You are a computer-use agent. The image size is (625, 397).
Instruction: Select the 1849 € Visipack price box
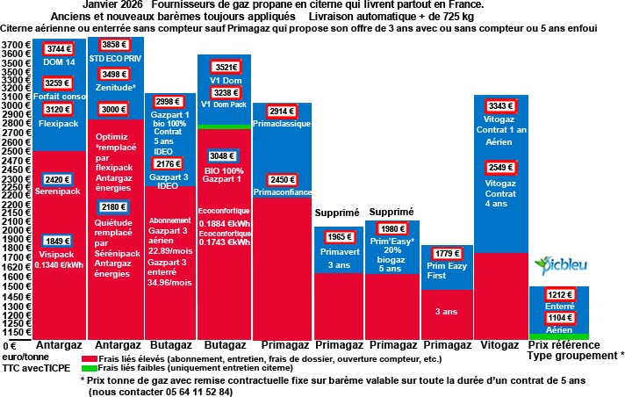58,241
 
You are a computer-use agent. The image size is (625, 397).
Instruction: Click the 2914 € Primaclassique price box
281,112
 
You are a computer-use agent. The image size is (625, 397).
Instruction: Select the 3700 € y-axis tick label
15,45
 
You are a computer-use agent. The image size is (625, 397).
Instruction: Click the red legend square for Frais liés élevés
86,359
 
